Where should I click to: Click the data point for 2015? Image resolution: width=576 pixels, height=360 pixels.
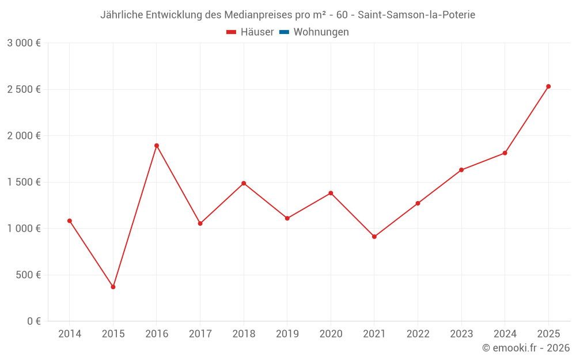pos(113,287)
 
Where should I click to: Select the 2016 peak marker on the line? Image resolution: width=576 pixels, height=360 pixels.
pos(157,146)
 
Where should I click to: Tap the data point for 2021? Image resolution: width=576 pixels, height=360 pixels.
pos(374,237)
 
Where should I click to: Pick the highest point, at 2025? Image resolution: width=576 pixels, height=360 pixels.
pos(548,86)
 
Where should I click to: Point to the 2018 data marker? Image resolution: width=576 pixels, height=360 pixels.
pos(244,183)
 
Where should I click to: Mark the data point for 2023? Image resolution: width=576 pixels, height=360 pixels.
pos(461,170)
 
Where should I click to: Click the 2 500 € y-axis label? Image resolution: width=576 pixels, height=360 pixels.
pos(24,89)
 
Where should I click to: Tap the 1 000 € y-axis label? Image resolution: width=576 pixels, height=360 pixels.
pos(24,229)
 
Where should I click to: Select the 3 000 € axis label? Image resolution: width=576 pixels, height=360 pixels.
pos(24,43)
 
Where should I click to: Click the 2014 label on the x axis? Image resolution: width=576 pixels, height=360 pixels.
pos(70,334)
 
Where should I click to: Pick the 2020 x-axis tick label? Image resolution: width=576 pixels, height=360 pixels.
pos(331,334)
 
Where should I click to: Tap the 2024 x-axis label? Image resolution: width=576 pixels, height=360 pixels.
pos(505,334)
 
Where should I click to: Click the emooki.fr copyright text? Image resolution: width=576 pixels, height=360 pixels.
pos(526,348)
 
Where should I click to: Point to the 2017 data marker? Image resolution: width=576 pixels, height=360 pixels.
pos(200,223)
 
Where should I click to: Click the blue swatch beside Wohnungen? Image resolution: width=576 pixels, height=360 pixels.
pos(284,32)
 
